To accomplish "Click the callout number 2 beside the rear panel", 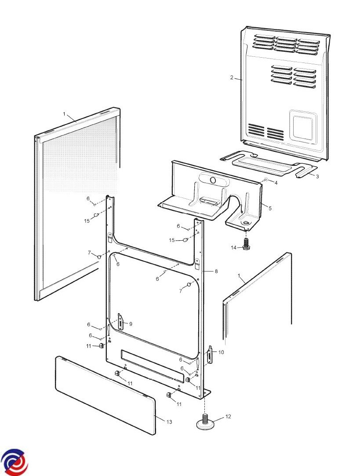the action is pyautogui.click(x=232, y=77).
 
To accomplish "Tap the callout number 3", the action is pyautogui.click(x=317, y=176).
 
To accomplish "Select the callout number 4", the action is pyautogui.click(x=276, y=183).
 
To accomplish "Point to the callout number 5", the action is pyautogui.click(x=270, y=209).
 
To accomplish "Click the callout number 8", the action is pyautogui.click(x=216, y=271).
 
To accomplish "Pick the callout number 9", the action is pyautogui.click(x=131, y=324).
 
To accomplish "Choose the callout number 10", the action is pyautogui.click(x=221, y=352).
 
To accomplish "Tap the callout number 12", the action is pyautogui.click(x=228, y=417).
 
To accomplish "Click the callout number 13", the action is pyautogui.click(x=169, y=421).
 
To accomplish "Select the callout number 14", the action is pyautogui.click(x=233, y=248).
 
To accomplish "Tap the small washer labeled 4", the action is pyautogui.click(x=265, y=180).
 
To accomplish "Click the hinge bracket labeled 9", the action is pyautogui.click(x=121, y=322).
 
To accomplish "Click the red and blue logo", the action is pyautogui.click(x=14, y=462).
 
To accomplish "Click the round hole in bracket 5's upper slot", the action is pyautogui.click(x=213, y=180).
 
